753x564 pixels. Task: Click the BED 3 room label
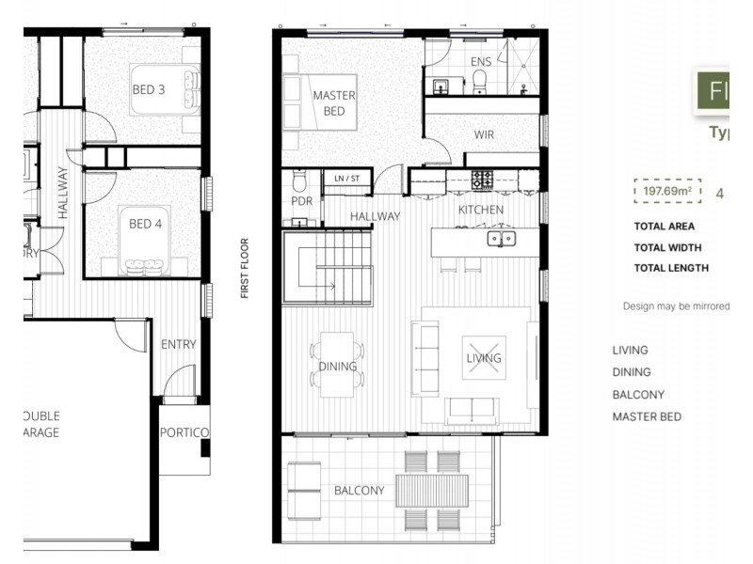pyautogui.click(x=148, y=90)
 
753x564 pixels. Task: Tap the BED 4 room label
pyautogui.click(x=147, y=224)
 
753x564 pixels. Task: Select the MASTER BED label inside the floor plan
pyautogui.click(x=334, y=103)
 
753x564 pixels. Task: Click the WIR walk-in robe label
pyautogui.click(x=484, y=134)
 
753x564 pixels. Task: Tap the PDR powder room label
pyautogui.click(x=301, y=201)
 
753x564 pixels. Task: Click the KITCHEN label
pyautogui.click(x=480, y=210)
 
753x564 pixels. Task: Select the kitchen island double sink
pyautogui.click(x=500, y=239)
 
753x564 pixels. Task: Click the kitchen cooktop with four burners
pyautogui.click(x=482, y=179)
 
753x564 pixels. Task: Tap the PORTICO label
pyautogui.click(x=184, y=432)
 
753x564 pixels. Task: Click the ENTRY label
pyautogui.click(x=178, y=344)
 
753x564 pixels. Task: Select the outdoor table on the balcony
pyautogui.click(x=432, y=490)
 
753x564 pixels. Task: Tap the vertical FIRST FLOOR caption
pyautogui.click(x=245, y=268)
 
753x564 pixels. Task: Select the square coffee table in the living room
pyautogui.click(x=484, y=357)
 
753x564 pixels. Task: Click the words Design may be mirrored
pyautogui.click(x=675, y=306)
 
